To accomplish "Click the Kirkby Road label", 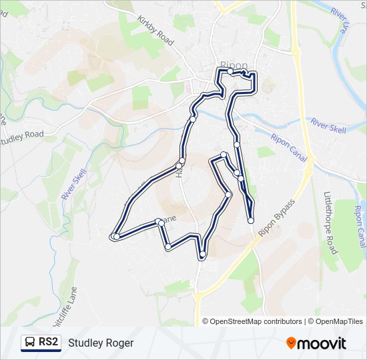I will (155, 31).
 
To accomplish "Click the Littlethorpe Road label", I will (330, 223).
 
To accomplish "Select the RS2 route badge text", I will (48, 343).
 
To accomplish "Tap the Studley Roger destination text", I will (101, 343).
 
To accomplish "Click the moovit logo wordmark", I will (322, 343).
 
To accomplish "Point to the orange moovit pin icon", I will (291, 343).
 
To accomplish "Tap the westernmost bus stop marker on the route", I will (116, 236).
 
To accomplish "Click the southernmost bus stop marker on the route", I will (202, 254).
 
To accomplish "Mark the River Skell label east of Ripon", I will (328, 125).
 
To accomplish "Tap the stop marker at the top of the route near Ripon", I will (230, 71).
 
